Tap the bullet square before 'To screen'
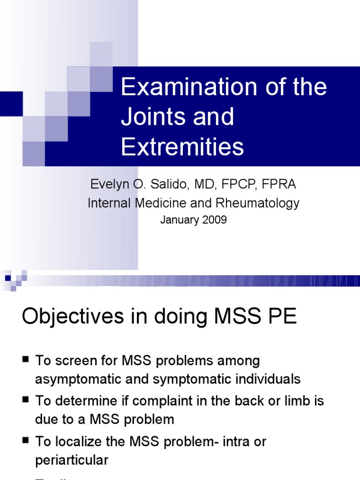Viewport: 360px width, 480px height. coord(25,360)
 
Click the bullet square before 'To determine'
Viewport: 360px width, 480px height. coord(25,400)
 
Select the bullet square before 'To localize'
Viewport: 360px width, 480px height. coord(25,441)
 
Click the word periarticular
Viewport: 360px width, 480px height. coord(72,460)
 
